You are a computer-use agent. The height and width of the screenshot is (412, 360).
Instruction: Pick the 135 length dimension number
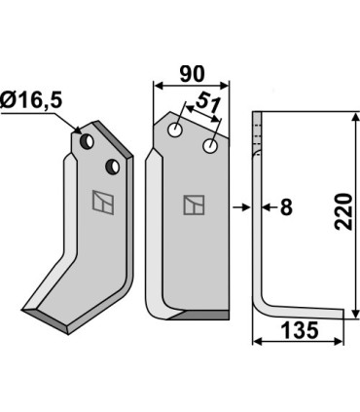pyautogui.click(x=299, y=331)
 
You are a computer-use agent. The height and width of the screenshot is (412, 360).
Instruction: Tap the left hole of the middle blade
pyautogui.click(x=175, y=130)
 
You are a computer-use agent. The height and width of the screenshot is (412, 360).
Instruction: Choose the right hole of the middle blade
pyautogui.click(x=209, y=146)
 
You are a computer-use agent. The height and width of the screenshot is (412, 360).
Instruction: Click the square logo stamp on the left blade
pyautogui.click(x=99, y=203)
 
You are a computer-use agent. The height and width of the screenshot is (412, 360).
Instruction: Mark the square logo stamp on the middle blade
pyautogui.click(x=193, y=206)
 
